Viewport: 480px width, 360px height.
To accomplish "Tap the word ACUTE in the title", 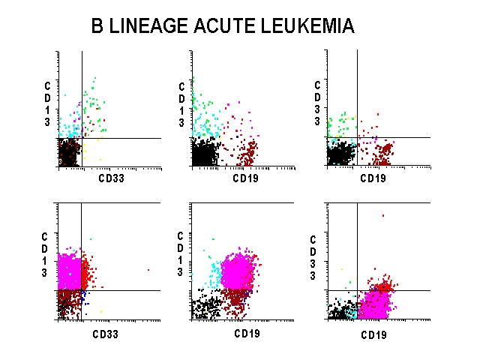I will (x=220, y=26).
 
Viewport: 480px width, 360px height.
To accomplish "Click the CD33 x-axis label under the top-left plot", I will (x=112, y=178).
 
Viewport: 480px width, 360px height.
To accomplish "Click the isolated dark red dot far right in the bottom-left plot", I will (x=148, y=269).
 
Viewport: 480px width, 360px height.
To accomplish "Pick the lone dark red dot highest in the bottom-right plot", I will (x=382, y=215).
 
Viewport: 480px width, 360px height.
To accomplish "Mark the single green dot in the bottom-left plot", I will (x=91, y=239).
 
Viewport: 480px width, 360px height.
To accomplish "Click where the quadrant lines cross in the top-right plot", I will (x=357, y=137).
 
